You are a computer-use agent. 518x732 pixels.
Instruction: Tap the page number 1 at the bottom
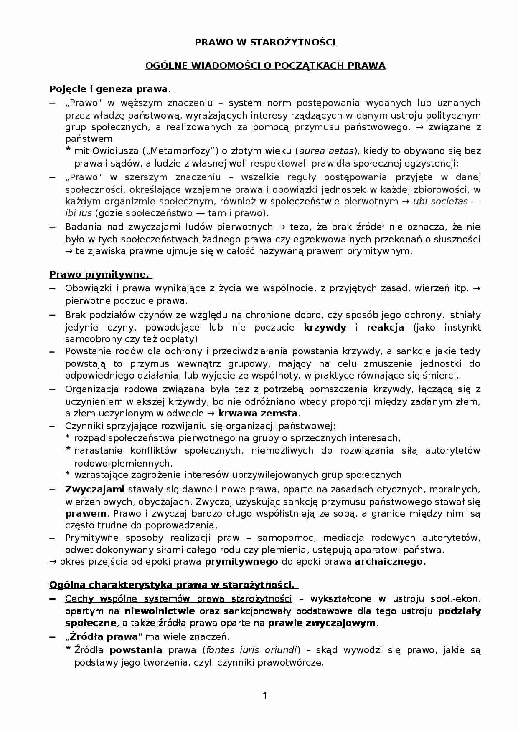point(264,696)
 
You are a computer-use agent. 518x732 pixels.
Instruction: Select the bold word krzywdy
point(325,327)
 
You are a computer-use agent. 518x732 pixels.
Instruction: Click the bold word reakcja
point(385,327)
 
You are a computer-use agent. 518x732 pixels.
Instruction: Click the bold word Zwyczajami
point(95,489)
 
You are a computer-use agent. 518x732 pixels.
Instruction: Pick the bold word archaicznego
point(388,561)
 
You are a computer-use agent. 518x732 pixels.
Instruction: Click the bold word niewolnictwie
point(160,611)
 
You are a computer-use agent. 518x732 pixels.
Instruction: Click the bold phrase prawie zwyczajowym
point(322,623)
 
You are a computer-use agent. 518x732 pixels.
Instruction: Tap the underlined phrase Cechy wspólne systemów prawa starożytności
point(178,599)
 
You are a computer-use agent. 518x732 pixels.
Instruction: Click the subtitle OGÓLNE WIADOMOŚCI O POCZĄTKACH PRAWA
point(265,66)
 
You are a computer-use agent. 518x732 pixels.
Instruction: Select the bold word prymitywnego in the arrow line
point(241,561)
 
